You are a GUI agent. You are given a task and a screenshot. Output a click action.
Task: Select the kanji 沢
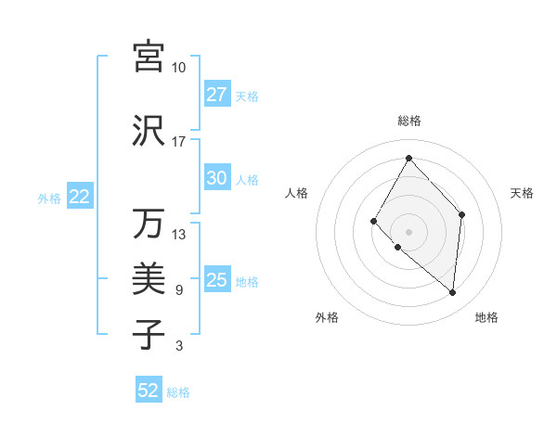pos(149,131)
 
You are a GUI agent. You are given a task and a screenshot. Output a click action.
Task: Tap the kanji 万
pos(149,224)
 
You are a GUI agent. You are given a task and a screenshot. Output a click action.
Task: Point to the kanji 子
pos(149,334)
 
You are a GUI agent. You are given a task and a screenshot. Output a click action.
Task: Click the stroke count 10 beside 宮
pos(179,68)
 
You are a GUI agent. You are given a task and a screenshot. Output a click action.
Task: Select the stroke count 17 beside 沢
pos(179,142)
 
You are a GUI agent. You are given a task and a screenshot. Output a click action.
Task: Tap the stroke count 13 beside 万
pos(179,235)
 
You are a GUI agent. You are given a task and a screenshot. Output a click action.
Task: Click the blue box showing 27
pos(217,95)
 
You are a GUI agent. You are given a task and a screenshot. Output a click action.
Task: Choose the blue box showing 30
pos(217,179)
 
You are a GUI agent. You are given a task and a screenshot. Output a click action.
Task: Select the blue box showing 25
pos(217,280)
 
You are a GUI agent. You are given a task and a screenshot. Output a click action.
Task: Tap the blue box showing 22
pos(80,197)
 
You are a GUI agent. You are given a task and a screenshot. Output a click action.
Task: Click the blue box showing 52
pos(149,391)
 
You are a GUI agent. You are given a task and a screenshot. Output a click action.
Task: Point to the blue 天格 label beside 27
pos(247,96)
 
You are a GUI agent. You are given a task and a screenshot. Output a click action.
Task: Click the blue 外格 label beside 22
pos(49,198)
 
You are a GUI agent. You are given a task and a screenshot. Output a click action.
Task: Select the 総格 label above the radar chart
pos(408,121)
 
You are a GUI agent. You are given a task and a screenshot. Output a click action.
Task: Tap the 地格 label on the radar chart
pos(486,317)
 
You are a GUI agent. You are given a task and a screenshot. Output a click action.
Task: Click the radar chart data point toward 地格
pos(452,293)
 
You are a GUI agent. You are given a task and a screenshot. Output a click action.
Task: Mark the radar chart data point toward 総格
pos(408,158)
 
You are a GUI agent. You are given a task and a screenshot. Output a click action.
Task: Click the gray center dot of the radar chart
pos(408,231)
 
